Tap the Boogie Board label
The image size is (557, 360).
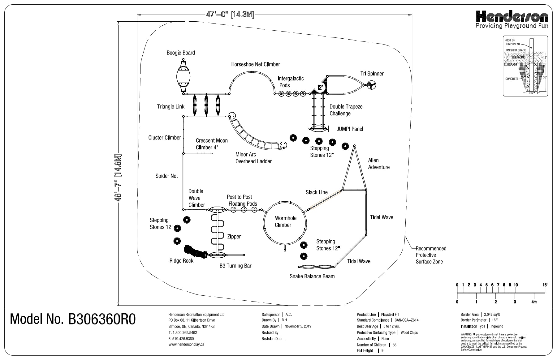181,53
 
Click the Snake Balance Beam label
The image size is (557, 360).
312,276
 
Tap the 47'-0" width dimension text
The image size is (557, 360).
230,15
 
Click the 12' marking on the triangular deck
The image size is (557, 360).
320,88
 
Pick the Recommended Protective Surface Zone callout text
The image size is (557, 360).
430,255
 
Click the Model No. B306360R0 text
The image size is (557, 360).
73,319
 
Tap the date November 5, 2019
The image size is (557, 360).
298,326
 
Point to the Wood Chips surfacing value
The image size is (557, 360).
409,333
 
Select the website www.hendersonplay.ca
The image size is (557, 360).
186,344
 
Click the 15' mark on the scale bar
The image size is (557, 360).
545,285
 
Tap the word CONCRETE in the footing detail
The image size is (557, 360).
512,79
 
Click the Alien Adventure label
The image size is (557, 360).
379,164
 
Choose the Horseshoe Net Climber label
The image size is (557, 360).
256,65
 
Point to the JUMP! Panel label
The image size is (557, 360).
350,129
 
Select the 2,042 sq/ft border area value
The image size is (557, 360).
492,315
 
